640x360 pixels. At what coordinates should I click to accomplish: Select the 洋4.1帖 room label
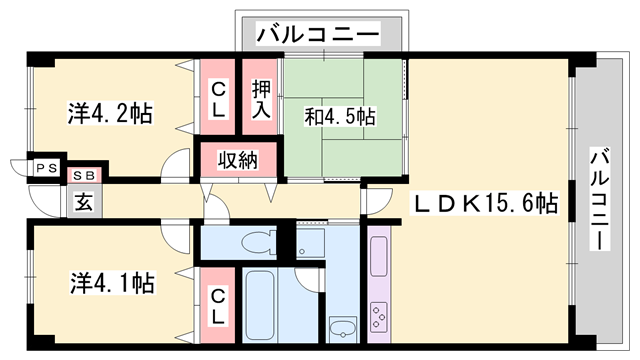pyautogui.click(x=110, y=283)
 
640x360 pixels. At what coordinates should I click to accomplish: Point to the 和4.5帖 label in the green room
pyautogui.click(x=340, y=117)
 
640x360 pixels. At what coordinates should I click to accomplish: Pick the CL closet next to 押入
pyautogui.click(x=218, y=98)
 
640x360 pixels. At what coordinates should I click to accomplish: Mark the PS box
pyautogui.click(x=47, y=169)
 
